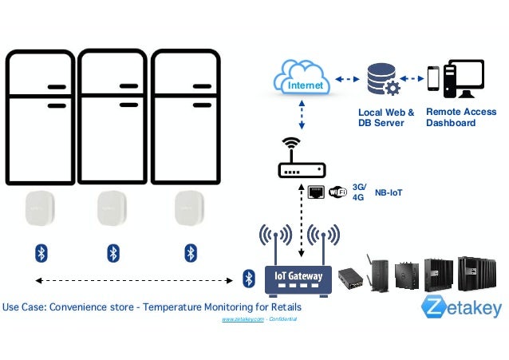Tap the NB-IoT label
[389, 192]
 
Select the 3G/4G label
[358, 192]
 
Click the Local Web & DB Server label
[386, 117]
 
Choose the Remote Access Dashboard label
[460, 117]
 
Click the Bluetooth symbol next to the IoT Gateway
[248, 278]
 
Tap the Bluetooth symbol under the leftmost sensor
[41, 253]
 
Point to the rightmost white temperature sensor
[190, 208]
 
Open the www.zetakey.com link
[243, 318]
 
